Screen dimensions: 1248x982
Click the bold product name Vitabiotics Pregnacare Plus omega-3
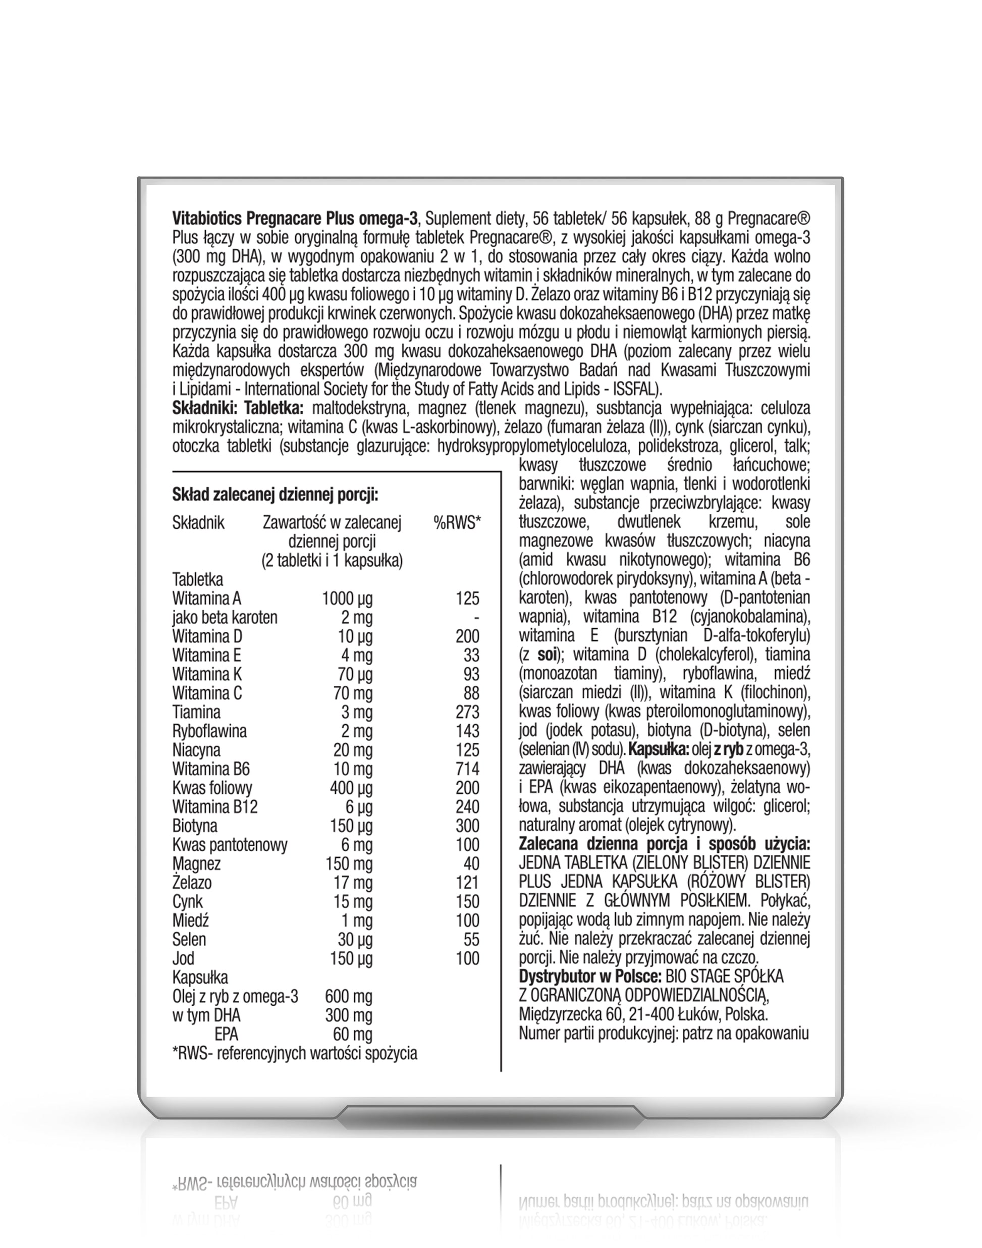[294, 219]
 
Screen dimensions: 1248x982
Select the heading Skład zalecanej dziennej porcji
[275, 495]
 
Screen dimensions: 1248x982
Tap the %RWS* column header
[457, 522]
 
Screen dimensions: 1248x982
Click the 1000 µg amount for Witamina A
[347, 599]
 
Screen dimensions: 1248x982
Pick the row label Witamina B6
[210, 769]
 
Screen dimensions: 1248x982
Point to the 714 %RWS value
[467, 769]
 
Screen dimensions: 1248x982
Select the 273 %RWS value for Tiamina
[467, 712]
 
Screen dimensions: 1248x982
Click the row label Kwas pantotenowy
[230, 845]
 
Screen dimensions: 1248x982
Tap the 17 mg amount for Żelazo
[352, 883]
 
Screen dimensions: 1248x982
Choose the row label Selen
[189, 940]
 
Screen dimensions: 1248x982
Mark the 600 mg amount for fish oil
[348, 997]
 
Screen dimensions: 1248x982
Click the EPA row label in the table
[226, 1035]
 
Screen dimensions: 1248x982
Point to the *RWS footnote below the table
[294, 1054]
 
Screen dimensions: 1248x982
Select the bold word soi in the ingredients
[547, 655]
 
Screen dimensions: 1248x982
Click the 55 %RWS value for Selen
[471, 940]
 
